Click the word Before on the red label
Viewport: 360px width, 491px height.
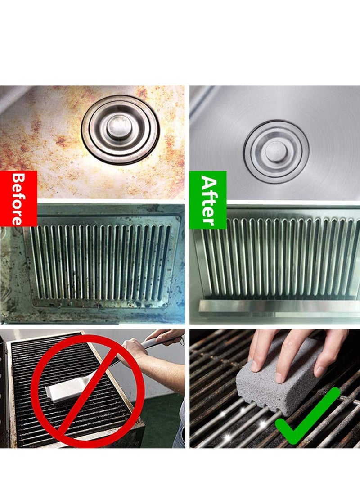coord(18,198)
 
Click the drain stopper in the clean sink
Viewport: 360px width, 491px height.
coord(276,152)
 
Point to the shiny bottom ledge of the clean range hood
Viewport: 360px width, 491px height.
coord(279,306)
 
